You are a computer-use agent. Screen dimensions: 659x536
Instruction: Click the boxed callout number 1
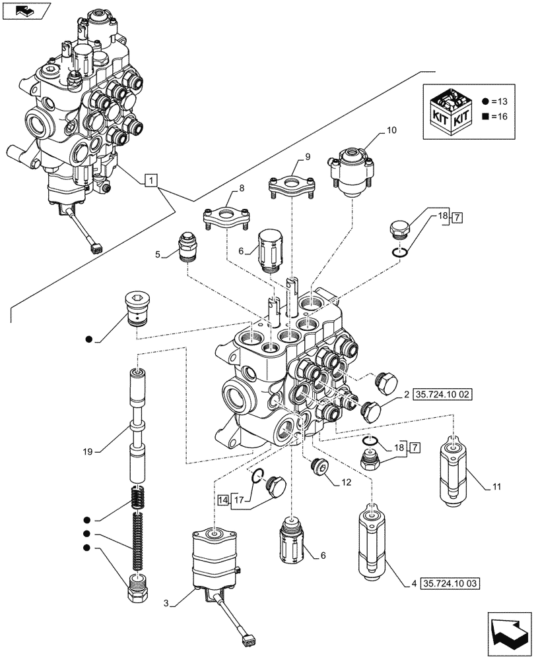pos(151,180)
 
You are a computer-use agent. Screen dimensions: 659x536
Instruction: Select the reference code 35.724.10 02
pos(444,395)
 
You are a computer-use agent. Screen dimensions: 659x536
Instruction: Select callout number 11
pos(497,488)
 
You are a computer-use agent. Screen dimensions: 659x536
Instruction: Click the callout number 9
pos(308,156)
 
